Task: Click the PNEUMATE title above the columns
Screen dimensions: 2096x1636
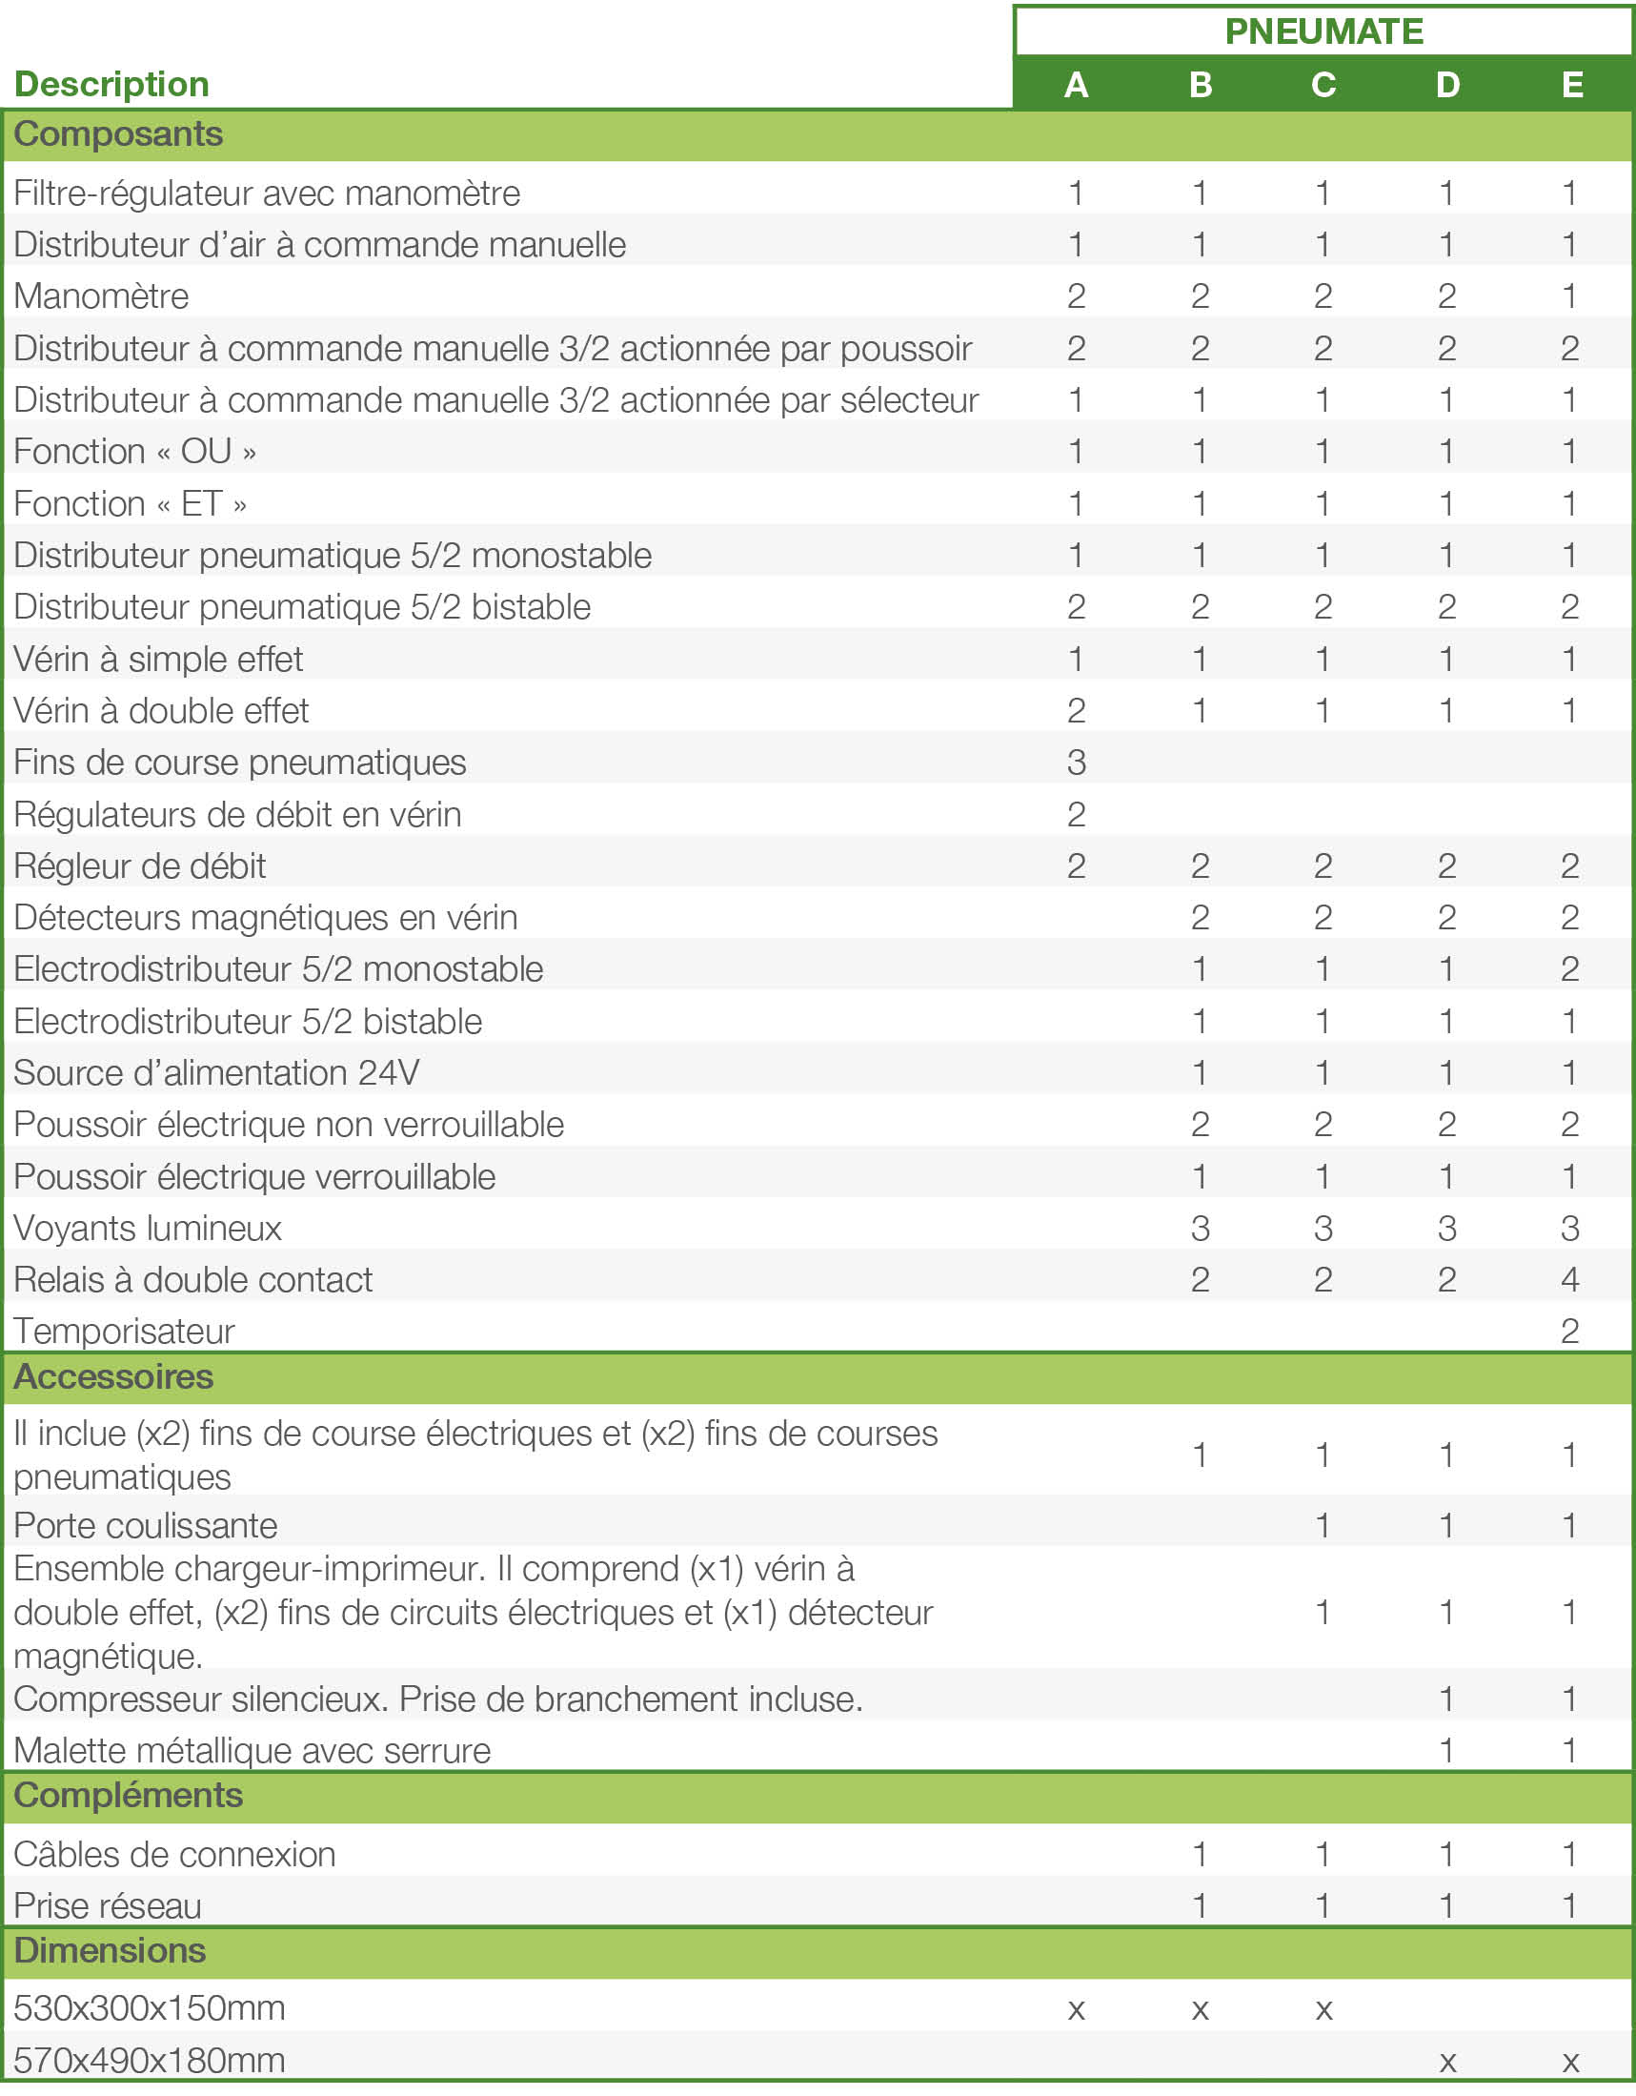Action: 1323,31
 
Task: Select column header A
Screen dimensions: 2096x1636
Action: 1076,85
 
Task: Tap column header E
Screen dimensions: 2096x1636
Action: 1571,85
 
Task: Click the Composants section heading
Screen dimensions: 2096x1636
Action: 118,134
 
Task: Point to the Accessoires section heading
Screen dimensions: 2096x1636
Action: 113,1376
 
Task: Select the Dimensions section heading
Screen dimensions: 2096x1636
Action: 111,1951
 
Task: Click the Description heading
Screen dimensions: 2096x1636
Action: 112,85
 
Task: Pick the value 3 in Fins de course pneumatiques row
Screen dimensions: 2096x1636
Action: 1076,762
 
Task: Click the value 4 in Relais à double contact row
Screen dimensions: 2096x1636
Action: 1570,1279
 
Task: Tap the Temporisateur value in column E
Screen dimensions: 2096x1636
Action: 1570,1332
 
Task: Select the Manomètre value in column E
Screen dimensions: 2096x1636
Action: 1570,295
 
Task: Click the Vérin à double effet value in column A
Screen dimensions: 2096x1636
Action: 1076,710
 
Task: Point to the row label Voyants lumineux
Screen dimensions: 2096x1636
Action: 148,1229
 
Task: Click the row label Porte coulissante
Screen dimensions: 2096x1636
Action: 146,1526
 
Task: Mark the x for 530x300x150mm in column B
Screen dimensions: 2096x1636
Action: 1200,2009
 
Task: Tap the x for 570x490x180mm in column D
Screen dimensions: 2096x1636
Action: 1447,2062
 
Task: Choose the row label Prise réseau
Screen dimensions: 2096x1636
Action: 108,1907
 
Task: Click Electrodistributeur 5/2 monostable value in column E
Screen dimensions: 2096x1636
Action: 1570,969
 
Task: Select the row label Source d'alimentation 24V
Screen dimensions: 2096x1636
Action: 217,1073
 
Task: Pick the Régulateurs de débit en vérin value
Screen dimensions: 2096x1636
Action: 1076,814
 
